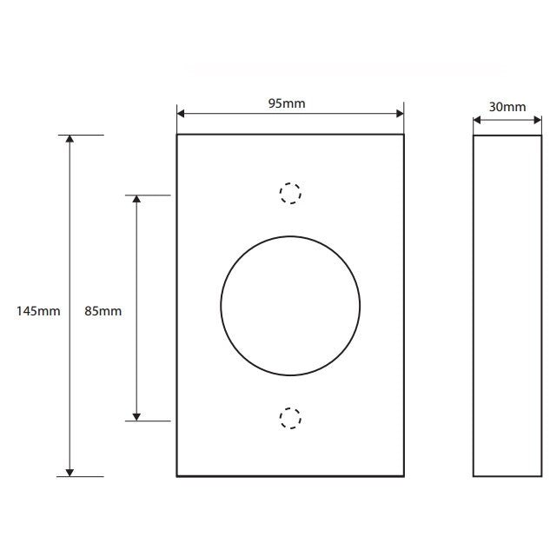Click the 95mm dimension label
coord(287,103)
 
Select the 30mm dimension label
coord(507,107)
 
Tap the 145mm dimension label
coord(38,311)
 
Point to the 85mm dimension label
coord(103,311)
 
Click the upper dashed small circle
coord(290,193)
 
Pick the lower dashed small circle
coord(290,418)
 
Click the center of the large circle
coord(290,306)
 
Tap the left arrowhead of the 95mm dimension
coord(181,113)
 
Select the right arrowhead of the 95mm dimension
coord(400,113)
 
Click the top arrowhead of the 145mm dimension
coord(70,139)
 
